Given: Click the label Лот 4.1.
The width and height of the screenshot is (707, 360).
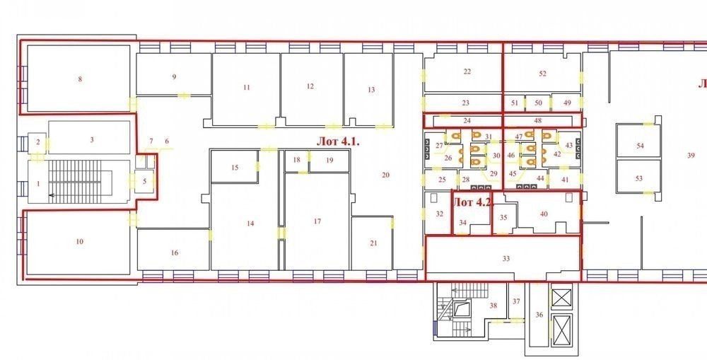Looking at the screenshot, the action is pos(338,141).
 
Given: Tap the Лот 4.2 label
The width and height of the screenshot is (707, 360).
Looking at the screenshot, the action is pos(472,202).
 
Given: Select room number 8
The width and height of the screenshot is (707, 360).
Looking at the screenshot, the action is pos(80,79).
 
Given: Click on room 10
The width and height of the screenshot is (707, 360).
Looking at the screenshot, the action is pos(80,242).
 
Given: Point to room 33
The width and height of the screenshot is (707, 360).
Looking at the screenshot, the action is pos(506,259).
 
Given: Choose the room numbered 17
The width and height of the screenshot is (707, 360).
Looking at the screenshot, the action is pos(317,221).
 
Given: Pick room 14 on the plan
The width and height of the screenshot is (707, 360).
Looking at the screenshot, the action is pos(250,223).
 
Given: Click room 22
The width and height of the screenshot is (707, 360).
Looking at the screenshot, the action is pos(467,71).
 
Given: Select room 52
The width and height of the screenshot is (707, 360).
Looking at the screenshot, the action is pos(542,74).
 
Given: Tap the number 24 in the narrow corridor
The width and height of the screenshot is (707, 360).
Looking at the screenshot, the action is pos(467,121).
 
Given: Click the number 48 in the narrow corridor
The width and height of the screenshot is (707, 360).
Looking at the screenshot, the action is pos(537,121).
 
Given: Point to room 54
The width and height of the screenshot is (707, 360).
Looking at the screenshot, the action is pos(640,146).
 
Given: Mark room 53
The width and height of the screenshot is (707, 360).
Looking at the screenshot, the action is pos(639,179).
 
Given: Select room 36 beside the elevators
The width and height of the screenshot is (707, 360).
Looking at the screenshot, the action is pos(539,315).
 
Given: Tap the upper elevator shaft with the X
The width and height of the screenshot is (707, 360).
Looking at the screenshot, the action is pos(562,298).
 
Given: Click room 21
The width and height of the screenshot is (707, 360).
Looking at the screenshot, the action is pos(373,243).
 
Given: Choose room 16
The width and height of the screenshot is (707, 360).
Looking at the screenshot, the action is pos(175,252).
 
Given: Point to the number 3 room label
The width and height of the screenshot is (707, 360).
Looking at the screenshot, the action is pos(92,140).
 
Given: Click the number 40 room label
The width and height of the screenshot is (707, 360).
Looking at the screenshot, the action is pos(544,214).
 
